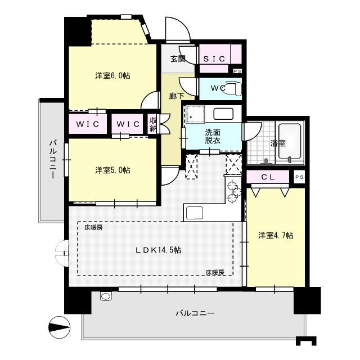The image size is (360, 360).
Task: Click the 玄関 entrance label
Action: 178,59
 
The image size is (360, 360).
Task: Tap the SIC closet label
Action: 214,59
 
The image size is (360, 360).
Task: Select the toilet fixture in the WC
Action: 233,88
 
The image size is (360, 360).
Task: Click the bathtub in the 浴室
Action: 290,141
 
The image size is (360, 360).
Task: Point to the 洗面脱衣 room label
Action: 213,136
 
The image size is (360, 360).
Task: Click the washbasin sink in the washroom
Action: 223,114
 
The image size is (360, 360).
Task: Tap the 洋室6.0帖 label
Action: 112,75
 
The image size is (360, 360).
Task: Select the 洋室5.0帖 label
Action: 112,170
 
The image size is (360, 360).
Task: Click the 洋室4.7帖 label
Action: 276,235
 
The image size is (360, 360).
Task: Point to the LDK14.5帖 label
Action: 158,250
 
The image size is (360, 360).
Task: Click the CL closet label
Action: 268,177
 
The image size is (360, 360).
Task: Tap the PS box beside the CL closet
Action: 299,177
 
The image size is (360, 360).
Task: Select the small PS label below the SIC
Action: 237,71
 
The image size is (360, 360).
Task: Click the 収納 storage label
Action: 153,124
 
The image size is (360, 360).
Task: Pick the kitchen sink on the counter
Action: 195,213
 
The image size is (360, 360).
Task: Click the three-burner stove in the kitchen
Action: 233,191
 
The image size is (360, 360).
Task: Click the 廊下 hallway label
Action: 176,96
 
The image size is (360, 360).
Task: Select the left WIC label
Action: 88,124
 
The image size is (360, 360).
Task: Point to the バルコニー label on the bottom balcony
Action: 195,313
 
